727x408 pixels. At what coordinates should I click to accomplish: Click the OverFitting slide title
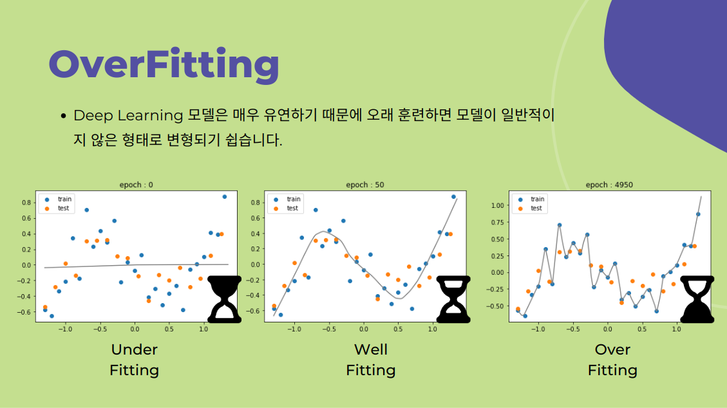click(x=164, y=65)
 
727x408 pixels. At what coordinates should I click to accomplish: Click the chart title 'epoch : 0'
click(x=137, y=185)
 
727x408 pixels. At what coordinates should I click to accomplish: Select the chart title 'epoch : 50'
click(x=365, y=185)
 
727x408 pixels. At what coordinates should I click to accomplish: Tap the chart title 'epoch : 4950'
click(x=609, y=185)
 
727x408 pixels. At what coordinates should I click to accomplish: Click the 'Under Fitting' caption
click(x=135, y=360)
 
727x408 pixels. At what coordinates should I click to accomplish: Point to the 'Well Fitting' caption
click(x=371, y=360)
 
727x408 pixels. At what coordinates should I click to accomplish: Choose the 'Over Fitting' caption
click(x=612, y=360)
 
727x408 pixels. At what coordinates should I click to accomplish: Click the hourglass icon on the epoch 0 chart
click(x=224, y=299)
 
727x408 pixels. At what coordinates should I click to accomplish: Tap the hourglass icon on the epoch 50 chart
click(x=453, y=299)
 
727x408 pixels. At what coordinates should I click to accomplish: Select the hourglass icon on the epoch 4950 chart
click(x=697, y=299)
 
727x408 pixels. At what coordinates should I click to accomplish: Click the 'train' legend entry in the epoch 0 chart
click(x=58, y=199)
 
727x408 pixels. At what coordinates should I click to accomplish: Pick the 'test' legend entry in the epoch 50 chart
click(x=286, y=209)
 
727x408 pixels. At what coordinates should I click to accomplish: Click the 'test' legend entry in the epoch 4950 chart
click(x=531, y=209)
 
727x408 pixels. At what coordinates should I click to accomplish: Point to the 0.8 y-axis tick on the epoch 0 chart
click(x=26, y=202)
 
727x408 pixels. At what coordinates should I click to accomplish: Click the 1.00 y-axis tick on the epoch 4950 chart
click(x=497, y=205)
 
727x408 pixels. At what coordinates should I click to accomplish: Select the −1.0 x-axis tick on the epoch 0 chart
click(x=66, y=329)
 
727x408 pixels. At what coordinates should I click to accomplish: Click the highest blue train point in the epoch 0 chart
click(x=224, y=197)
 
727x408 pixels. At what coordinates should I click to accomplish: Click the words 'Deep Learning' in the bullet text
click(x=128, y=116)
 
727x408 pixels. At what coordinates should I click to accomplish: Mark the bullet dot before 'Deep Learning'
click(x=64, y=116)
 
